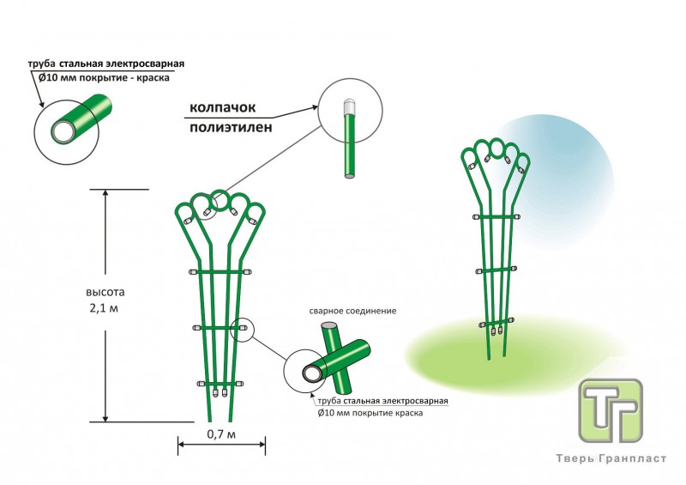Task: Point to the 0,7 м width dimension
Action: pyautogui.click(x=220, y=435)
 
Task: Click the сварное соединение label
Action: pyautogui.click(x=352, y=310)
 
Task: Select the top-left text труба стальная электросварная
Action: pyautogui.click(x=106, y=64)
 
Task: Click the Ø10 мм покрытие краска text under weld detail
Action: pyautogui.click(x=370, y=413)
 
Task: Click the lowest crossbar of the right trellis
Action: pyautogui.click(x=496, y=323)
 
